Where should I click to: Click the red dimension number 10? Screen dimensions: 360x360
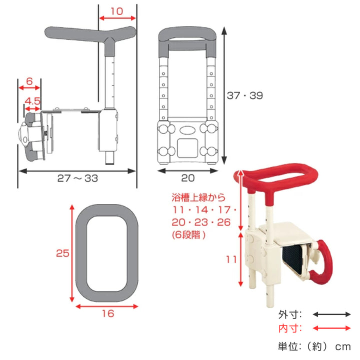click(117, 11)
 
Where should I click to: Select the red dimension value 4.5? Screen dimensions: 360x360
click(32, 101)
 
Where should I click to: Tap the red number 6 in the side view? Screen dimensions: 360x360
click(29, 81)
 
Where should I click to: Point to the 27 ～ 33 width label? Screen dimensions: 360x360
click(77, 178)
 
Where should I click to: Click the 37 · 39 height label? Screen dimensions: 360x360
click(244, 95)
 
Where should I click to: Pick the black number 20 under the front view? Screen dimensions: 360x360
click(188, 178)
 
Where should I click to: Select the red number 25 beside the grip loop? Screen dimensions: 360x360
click(62, 253)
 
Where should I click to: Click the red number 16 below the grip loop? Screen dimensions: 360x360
click(108, 313)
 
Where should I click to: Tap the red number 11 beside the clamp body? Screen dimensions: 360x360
click(231, 259)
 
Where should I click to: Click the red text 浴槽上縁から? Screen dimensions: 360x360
click(199, 197)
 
